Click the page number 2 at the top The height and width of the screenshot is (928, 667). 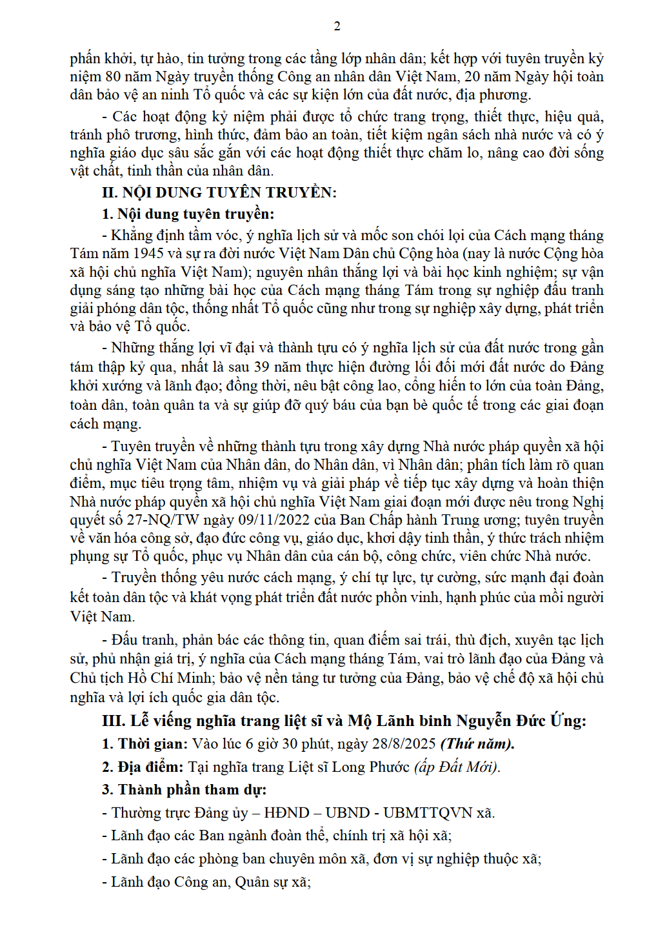coord(337,26)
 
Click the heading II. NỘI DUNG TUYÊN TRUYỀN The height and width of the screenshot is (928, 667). coord(219,192)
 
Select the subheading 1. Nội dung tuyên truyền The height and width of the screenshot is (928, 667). coord(188,214)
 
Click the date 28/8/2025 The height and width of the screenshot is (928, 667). coord(404,743)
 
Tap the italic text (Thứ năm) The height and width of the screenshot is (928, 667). coord(477,743)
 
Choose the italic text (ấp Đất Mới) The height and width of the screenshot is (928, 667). coord(457,767)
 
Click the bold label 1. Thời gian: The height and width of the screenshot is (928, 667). coord(144,743)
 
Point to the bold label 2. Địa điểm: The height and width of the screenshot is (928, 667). coord(143,767)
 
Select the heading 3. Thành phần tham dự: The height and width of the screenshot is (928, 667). coord(184,789)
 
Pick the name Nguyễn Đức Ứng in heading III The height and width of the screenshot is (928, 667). coord(521,720)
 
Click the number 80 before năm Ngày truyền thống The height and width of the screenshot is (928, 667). coord(113,77)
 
